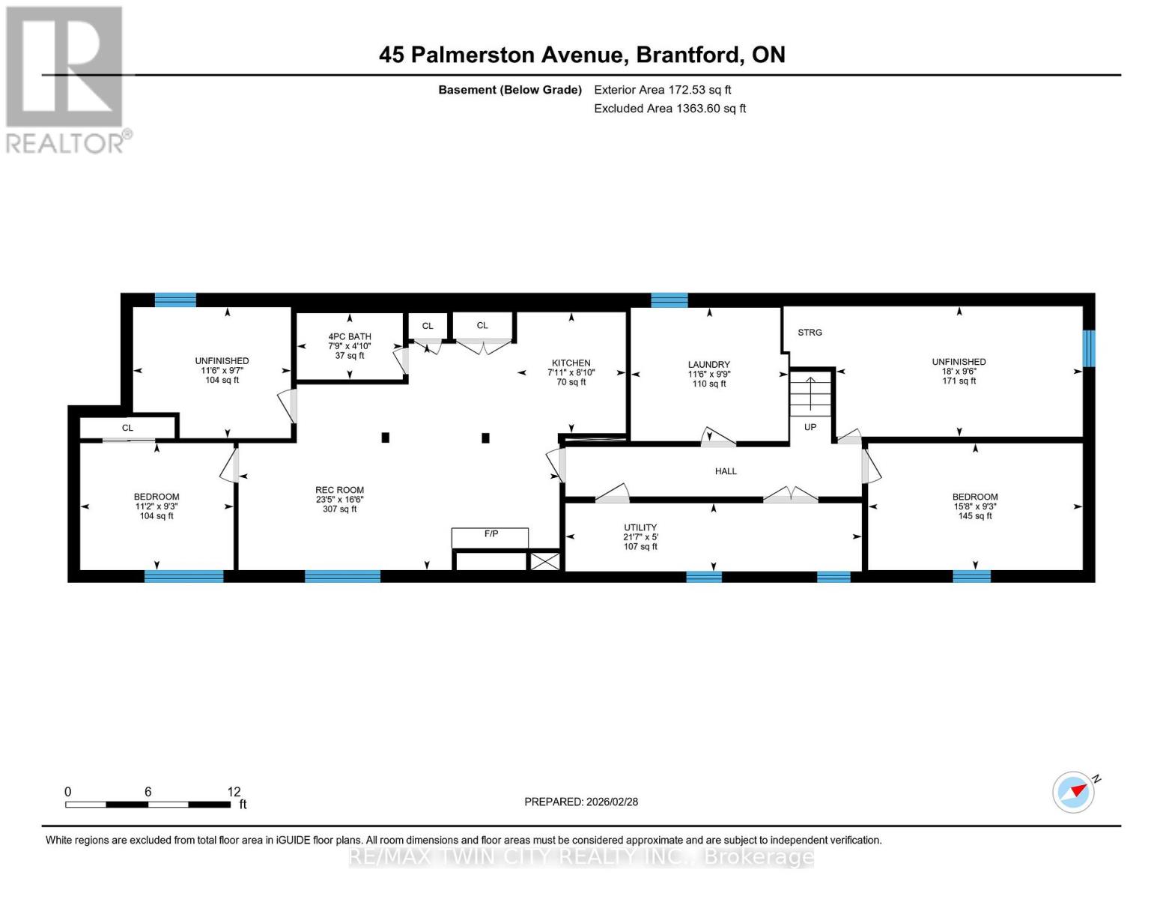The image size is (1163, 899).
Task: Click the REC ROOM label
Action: point(339,490)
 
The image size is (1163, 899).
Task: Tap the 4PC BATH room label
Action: point(350,337)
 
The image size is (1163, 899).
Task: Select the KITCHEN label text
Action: point(571,363)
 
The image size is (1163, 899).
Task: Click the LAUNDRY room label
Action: point(708,365)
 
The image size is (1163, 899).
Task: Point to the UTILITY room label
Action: point(640,527)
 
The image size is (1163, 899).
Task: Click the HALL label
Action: point(726,471)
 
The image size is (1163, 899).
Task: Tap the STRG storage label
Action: point(810,332)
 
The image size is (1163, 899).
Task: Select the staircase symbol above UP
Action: point(811,394)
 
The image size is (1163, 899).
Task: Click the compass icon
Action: point(1073,792)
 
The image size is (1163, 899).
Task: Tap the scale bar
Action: point(148,805)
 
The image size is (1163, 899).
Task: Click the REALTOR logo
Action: point(66,79)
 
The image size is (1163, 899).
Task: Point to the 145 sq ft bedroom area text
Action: point(975,516)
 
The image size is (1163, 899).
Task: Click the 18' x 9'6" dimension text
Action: point(959,372)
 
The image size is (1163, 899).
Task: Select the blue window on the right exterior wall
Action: point(1089,348)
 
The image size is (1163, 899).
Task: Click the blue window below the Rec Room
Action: point(342,576)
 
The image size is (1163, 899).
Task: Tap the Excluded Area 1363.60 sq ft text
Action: point(669,109)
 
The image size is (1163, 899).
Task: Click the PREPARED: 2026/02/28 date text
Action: point(581,802)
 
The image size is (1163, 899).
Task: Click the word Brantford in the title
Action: point(689,55)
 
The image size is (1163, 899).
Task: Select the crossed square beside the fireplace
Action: point(544,561)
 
